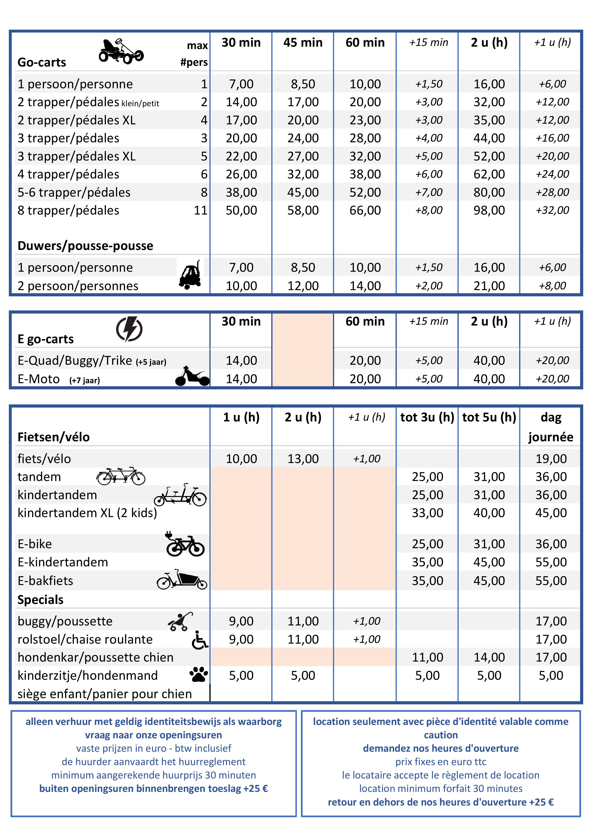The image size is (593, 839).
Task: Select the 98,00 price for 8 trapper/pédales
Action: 489,210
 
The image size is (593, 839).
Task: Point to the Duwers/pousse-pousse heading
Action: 85,246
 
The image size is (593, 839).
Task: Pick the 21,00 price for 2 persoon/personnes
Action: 489,286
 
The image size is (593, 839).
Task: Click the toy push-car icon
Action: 190,275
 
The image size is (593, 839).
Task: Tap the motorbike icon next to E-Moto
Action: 192,376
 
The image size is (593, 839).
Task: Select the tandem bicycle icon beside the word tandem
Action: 121,476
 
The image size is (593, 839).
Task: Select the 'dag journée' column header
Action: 551,427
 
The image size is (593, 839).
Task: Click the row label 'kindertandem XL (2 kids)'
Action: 87,513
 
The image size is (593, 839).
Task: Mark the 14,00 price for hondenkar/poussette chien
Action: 489,657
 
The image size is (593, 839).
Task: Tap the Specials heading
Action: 41,600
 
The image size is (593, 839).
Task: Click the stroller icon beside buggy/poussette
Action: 181,621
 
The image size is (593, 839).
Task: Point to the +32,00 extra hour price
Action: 552,210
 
